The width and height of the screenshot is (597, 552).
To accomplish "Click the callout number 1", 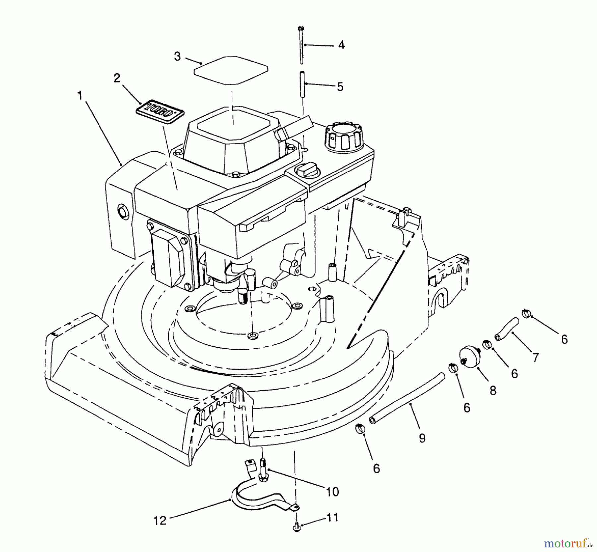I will click(x=80, y=96).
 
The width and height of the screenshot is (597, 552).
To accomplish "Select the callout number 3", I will click(x=178, y=56).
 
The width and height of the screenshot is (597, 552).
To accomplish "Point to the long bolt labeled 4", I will click(x=301, y=46).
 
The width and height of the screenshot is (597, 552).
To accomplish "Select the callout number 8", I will click(x=493, y=390).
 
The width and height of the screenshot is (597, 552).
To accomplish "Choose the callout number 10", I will click(x=333, y=492).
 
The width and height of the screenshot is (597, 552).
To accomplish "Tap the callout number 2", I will click(x=117, y=78).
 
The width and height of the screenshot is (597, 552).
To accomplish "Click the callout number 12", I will click(x=160, y=520).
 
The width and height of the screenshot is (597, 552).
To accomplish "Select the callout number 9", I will click(x=422, y=438).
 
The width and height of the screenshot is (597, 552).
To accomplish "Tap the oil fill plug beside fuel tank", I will click(x=307, y=171).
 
